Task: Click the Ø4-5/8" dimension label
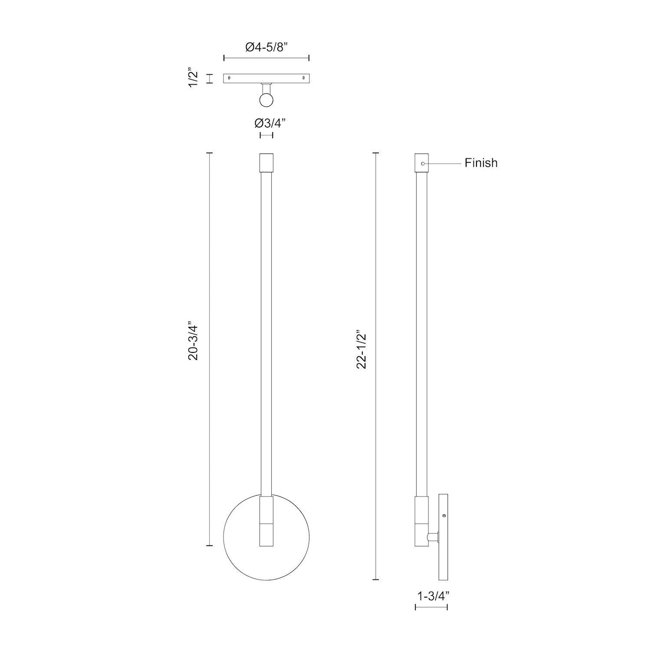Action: coord(266,47)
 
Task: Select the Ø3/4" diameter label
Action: coord(266,123)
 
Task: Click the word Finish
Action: coord(481,163)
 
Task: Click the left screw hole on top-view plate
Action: coord(229,79)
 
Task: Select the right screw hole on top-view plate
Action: coord(303,79)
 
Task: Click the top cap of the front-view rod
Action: coord(266,163)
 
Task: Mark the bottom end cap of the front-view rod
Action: coord(266,534)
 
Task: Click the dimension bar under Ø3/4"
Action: coord(266,135)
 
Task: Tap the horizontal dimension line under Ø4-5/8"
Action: coord(266,58)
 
